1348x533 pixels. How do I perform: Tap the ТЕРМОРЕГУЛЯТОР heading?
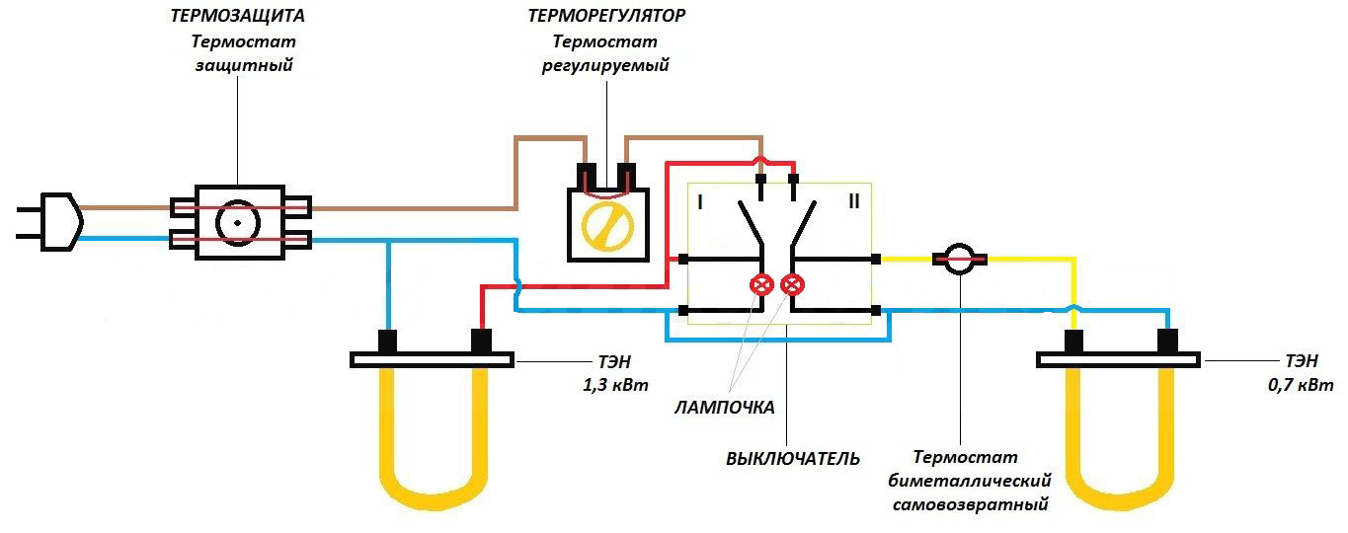(606, 17)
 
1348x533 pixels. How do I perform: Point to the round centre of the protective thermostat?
(238, 223)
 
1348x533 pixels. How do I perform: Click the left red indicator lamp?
(762, 285)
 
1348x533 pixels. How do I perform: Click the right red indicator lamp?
(791, 285)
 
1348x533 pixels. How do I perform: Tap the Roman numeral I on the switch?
(699, 203)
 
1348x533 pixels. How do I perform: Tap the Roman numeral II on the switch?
(854, 203)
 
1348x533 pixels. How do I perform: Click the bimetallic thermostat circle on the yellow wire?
(959, 261)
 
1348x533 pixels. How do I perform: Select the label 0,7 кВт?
(1301, 384)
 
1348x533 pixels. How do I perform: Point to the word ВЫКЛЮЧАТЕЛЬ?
(793, 459)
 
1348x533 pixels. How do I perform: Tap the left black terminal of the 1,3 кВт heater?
(388, 341)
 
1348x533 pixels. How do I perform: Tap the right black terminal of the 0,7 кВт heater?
(1168, 341)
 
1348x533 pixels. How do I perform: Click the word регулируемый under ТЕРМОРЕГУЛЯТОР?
(606, 66)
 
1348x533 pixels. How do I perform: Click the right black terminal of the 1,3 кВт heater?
(481, 341)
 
